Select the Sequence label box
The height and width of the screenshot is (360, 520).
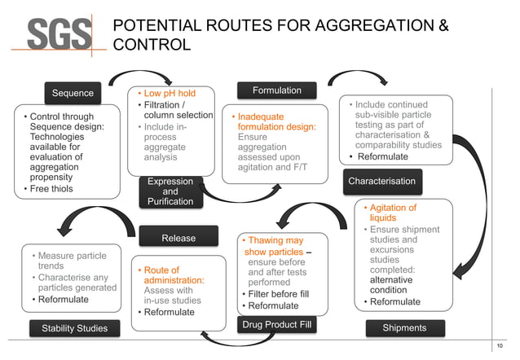pyautogui.click(x=73, y=93)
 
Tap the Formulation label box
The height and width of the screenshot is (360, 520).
pyautogui.click(x=276, y=90)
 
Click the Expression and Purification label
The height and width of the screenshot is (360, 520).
pyautogui.click(x=170, y=191)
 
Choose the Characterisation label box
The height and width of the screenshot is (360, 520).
pyautogui.click(x=381, y=181)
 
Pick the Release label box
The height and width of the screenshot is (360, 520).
pyautogui.click(x=178, y=238)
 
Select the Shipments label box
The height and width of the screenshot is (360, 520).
pyautogui.click(x=404, y=327)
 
